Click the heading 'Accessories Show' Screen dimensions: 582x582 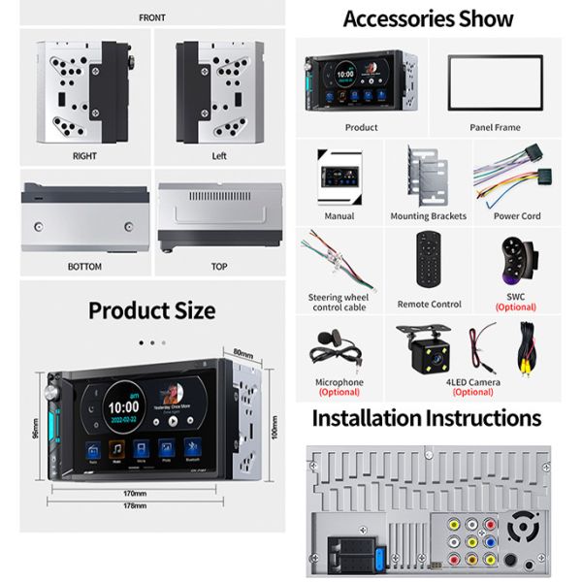[x=428, y=18]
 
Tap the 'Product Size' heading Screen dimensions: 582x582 [x=151, y=310]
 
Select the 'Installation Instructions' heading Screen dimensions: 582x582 [x=425, y=418]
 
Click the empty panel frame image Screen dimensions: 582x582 [x=495, y=82]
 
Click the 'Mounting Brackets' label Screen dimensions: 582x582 [x=428, y=216]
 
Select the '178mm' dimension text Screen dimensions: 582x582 [x=135, y=505]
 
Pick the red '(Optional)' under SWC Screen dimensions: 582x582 [x=515, y=307]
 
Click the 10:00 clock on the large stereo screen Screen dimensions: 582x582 [x=122, y=408]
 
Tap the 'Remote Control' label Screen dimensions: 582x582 [x=429, y=305]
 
